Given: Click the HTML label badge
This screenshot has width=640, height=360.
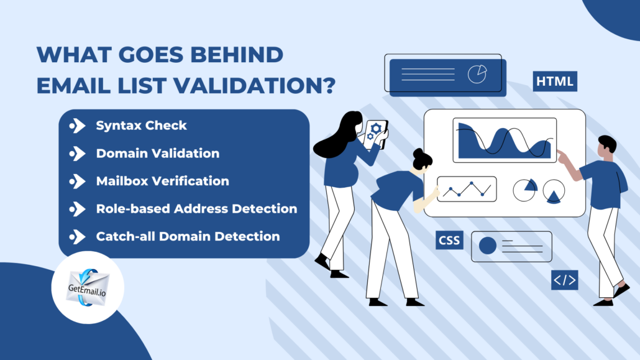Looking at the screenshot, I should [x=555, y=81].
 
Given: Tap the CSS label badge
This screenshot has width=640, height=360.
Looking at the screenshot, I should [x=449, y=239].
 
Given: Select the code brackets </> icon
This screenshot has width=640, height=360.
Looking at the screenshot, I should [x=564, y=280].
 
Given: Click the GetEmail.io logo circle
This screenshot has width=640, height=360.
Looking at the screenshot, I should [x=88, y=287].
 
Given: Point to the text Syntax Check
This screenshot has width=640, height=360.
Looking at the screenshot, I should [x=141, y=126].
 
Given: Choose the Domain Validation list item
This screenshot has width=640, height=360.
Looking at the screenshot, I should [x=157, y=153].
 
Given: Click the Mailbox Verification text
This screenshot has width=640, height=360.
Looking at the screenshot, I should [x=162, y=181].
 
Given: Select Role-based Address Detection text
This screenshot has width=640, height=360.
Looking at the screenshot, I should [x=196, y=208].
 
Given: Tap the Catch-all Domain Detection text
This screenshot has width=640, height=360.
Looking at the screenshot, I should [x=188, y=236].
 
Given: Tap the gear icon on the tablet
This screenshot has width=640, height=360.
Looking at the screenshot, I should [x=375, y=131].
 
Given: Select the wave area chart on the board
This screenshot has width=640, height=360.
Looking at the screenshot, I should [x=504, y=141].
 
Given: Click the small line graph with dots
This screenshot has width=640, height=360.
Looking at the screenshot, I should [x=467, y=189].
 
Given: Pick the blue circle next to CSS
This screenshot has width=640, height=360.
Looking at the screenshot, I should [x=488, y=246].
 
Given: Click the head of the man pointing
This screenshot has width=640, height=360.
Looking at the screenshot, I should [x=606, y=146].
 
